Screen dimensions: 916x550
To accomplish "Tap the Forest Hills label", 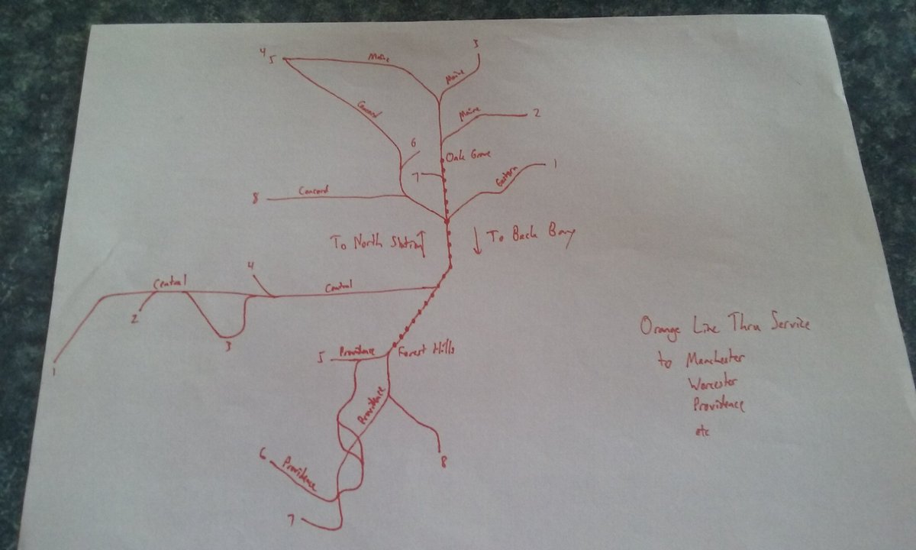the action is [x=426, y=351].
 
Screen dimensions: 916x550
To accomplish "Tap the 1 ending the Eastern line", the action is [x=555, y=163].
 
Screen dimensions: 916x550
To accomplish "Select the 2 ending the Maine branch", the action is [x=537, y=114].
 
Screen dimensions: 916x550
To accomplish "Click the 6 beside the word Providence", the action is [x=263, y=456].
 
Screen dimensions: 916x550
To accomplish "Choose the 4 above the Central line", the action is [x=251, y=267].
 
